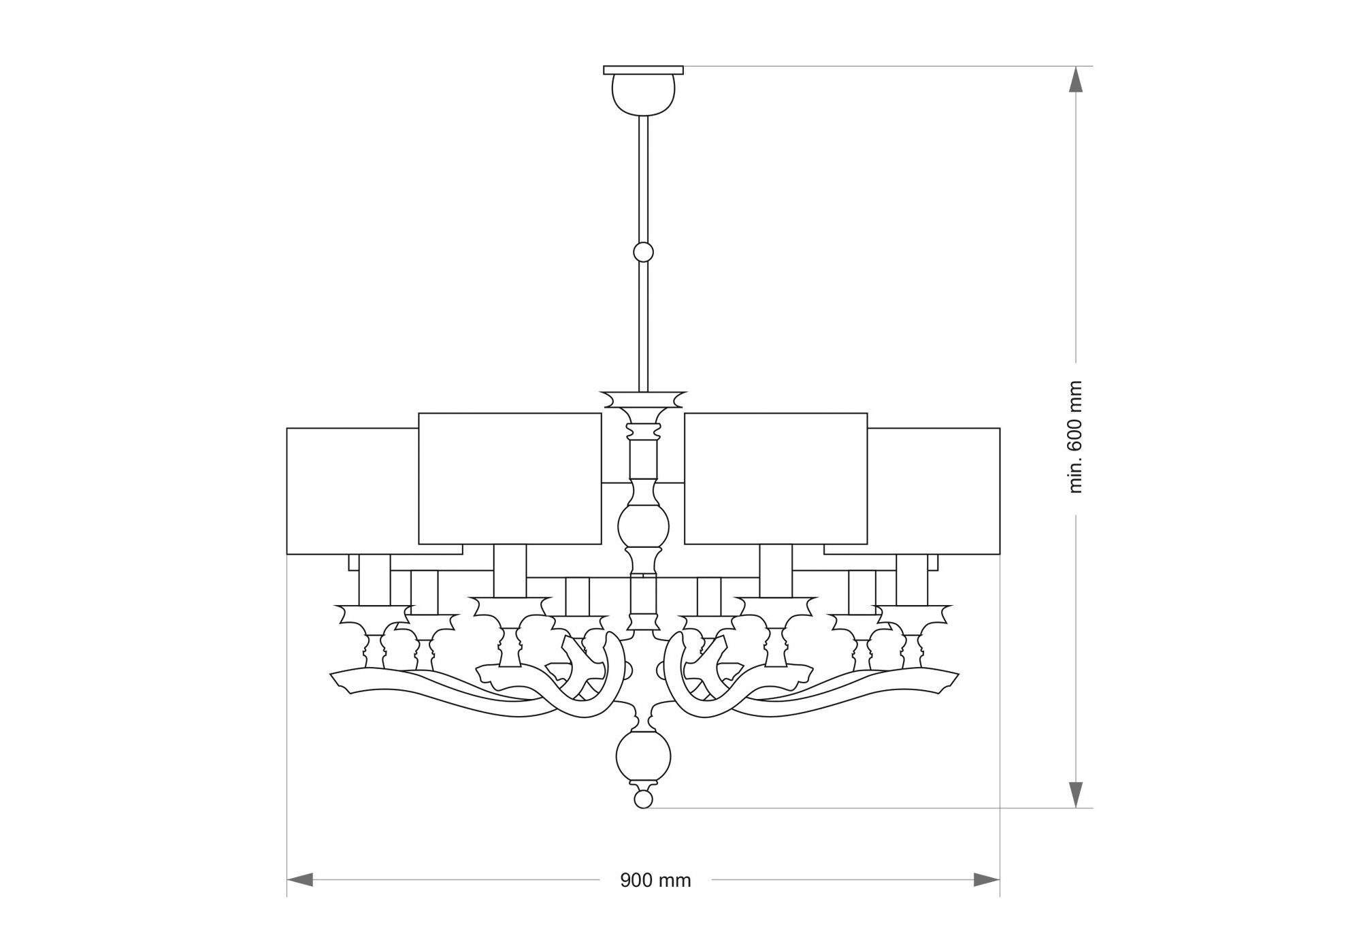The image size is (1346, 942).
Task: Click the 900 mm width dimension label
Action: pyautogui.click(x=655, y=881)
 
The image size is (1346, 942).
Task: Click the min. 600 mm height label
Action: pyautogui.click(x=1075, y=437)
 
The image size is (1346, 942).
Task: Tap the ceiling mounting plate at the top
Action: pyautogui.click(x=643, y=70)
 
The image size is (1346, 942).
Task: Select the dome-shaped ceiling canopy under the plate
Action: pyautogui.click(x=643, y=95)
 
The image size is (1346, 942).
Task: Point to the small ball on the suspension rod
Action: pyautogui.click(x=643, y=253)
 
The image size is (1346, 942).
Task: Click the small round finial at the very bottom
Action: pyautogui.click(x=643, y=798)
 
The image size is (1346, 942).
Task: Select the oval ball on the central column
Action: pyautogui.click(x=643, y=526)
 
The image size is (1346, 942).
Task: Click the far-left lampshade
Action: pyautogui.click(x=352, y=491)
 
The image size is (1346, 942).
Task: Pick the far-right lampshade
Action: pyautogui.click(x=934, y=491)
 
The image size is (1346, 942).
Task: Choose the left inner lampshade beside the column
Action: pyautogui.click(x=510, y=478)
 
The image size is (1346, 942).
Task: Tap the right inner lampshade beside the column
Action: pyautogui.click(x=776, y=478)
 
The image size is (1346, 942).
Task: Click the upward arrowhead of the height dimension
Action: pyautogui.click(x=1075, y=79)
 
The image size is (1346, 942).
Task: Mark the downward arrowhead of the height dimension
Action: pyautogui.click(x=1075, y=795)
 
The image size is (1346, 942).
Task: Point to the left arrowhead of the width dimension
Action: pyautogui.click(x=300, y=879)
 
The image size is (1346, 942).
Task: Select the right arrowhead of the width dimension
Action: pyautogui.click(x=987, y=879)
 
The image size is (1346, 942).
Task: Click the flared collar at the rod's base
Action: pyautogui.click(x=643, y=400)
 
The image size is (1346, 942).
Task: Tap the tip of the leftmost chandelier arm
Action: pyautogui.click(x=331, y=676)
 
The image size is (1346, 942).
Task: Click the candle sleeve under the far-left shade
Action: pyautogui.click(x=374, y=580)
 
